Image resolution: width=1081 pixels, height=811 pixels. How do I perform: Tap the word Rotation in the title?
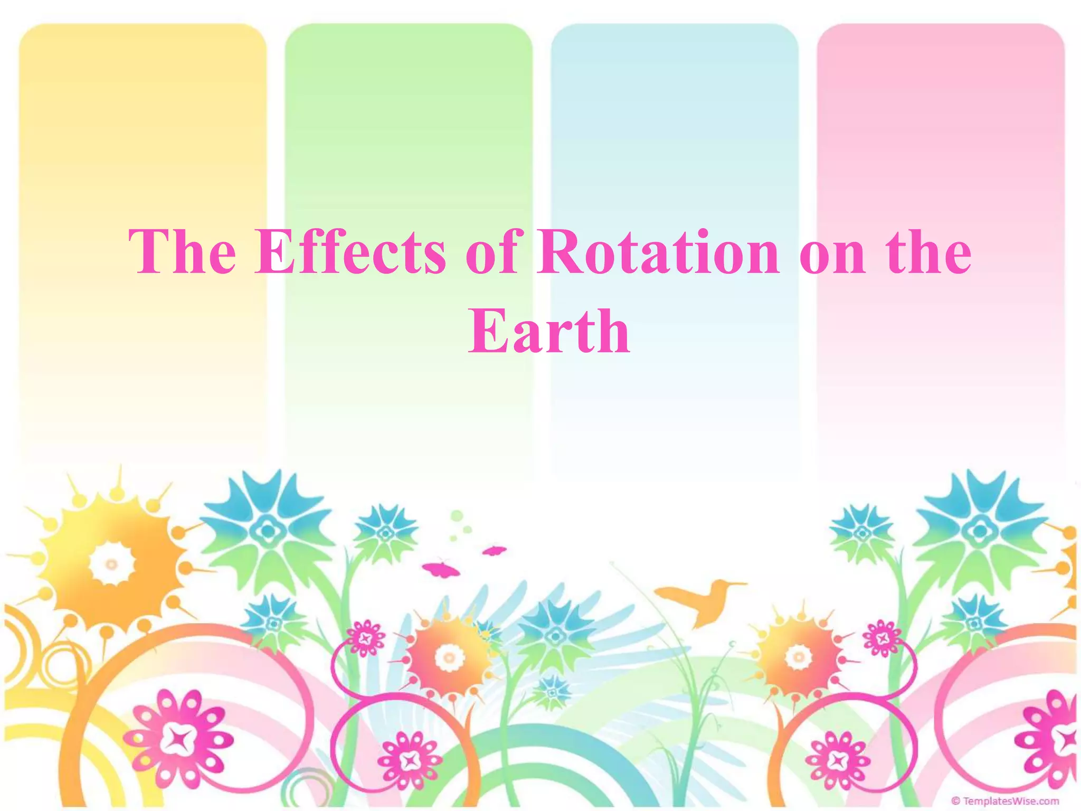click(x=658, y=252)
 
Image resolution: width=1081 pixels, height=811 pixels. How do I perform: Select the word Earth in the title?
click(x=549, y=332)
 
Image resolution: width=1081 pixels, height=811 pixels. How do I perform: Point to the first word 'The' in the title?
click(x=182, y=252)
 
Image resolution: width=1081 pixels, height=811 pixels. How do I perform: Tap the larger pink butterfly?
click(x=441, y=569)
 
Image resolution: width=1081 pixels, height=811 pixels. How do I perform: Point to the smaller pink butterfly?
click(x=494, y=551)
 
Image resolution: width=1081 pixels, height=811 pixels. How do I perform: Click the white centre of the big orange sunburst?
click(x=111, y=564)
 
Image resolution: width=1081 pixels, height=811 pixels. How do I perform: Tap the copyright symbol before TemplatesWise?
click(x=955, y=801)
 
